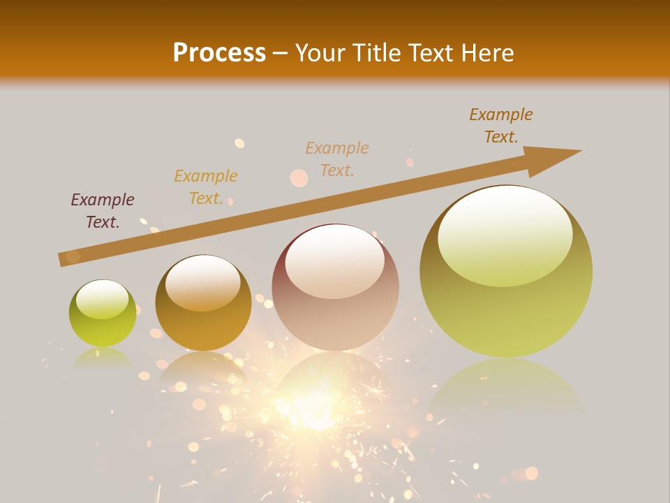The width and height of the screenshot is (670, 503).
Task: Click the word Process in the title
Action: pyautogui.click(x=219, y=53)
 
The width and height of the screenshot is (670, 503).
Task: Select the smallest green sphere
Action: pyautogui.click(x=103, y=314)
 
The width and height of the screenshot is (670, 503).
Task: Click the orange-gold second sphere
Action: pyautogui.click(x=203, y=303)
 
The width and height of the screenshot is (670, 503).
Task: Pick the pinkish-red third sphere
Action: pyautogui.click(x=335, y=287)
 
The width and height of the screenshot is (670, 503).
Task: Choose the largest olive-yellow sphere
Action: pyautogui.click(x=506, y=272)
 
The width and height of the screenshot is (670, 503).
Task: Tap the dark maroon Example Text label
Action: pyautogui.click(x=103, y=211)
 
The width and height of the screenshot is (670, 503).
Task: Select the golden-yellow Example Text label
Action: pyautogui.click(x=206, y=187)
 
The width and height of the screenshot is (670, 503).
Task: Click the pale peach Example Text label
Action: pyautogui.click(x=337, y=159)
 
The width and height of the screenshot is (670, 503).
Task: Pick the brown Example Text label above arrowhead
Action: pyautogui.click(x=501, y=126)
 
